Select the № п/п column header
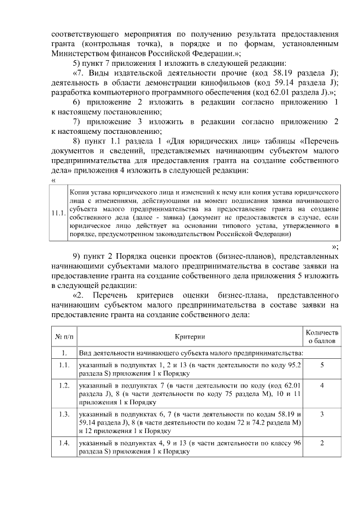(64, 336)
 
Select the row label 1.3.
(64, 414)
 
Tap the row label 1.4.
(64, 443)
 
